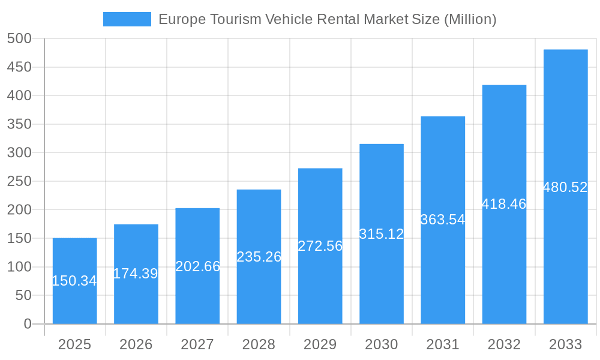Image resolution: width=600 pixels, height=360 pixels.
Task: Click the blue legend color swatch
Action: pos(127,19)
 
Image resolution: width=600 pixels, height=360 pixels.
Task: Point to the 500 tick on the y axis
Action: pos(19,39)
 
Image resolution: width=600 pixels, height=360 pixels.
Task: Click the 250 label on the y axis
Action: pos(19,181)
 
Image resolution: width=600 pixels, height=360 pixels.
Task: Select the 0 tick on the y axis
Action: pos(27,324)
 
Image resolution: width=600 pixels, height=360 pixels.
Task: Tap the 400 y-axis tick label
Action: pos(19,96)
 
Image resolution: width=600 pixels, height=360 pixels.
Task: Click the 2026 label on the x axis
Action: pos(136,344)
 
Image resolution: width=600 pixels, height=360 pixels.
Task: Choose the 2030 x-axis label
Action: pos(382,344)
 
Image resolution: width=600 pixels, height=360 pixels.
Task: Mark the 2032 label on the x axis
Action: pos(504,344)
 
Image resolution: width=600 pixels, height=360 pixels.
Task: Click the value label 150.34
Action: pos(74,281)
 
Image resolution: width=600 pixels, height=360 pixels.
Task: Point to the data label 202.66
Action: pos(197,266)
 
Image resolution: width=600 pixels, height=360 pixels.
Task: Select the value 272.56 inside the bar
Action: pos(320,246)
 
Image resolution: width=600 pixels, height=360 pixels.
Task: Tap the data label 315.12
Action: pos(382,234)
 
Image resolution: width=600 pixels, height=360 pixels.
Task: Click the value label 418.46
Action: pos(504,204)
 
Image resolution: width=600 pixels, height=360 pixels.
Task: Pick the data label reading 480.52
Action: pos(565,187)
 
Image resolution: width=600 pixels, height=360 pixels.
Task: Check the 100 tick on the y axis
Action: pos(19,267)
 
